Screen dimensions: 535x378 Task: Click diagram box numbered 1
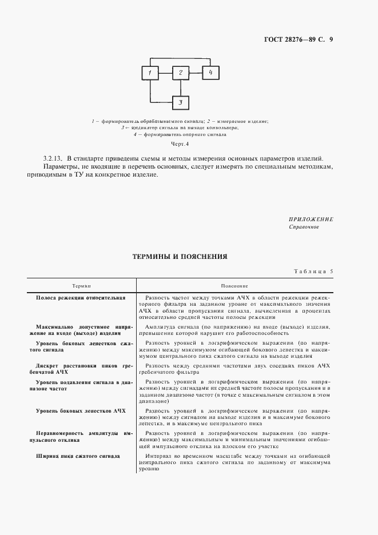149,73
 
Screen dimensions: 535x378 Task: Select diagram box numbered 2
180,73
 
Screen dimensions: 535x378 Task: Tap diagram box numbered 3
180,102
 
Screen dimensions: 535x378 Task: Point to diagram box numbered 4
210,73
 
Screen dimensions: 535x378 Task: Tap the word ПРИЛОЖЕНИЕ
311,219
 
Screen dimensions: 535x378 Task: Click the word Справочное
304,227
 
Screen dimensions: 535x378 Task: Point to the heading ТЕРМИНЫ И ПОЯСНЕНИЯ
180,257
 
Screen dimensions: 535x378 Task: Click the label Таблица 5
313,271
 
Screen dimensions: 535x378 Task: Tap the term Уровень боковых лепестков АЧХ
81,410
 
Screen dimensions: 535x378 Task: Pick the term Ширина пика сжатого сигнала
78,456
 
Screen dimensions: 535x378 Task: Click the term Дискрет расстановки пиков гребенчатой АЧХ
81,368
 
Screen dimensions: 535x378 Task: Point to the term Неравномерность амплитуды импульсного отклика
81,437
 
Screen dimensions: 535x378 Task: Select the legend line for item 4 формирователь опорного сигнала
180,135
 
